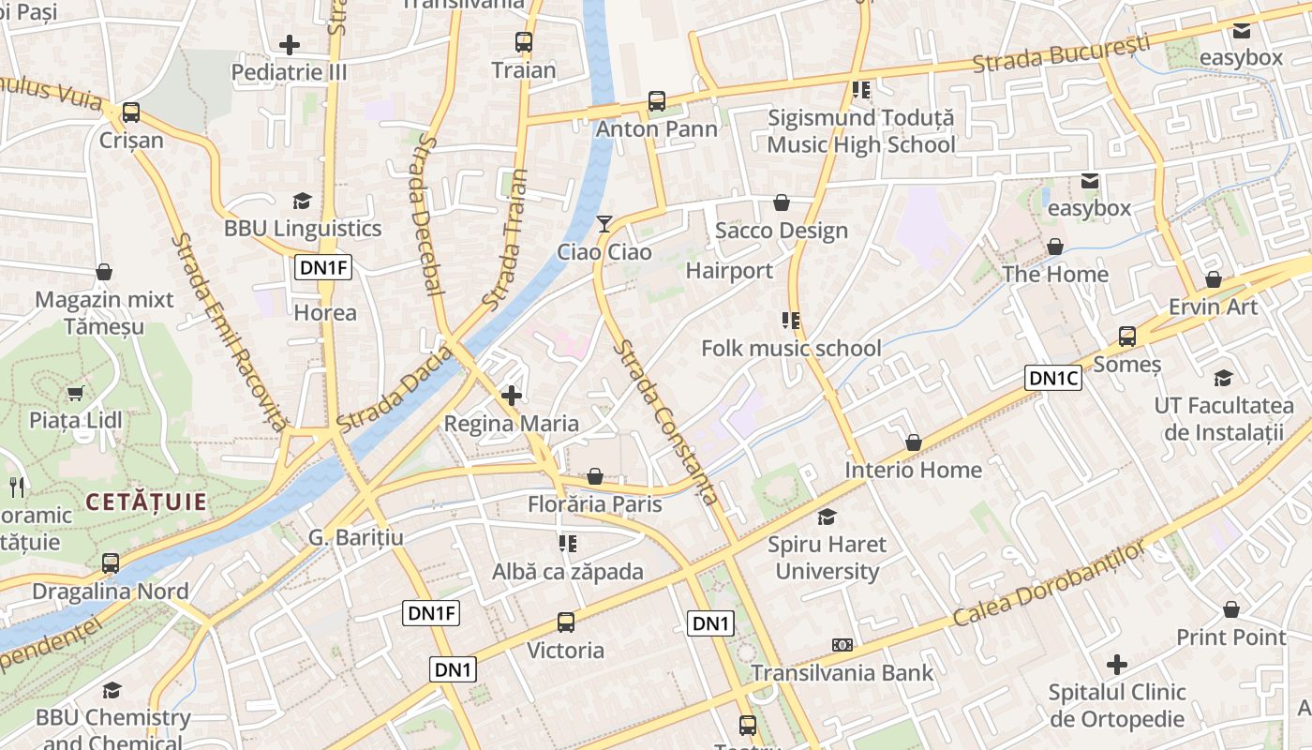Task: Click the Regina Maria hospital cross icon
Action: [x=512, y=396]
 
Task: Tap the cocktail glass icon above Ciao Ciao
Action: [x=604, y=223]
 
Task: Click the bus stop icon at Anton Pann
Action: [x=657, y=101]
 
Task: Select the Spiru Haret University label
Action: [x=827, y=557]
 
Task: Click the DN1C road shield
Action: [x=1053, y=378]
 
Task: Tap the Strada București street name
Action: [x=1060, y=54]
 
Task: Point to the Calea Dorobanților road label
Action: [x=1049, y=586]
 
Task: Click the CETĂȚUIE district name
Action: [x=146, y=502]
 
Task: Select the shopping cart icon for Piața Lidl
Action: [x=75, y=393]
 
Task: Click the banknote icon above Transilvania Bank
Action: [x=842, y=645]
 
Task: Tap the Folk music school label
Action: [x=791, y=349]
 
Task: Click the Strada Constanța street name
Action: [x=666, y=422]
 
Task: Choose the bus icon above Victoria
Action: [x=565, y=622]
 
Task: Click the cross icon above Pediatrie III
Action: [x=290, y=44]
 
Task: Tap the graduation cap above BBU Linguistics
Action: [x=302, y=201]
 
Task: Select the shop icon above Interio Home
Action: [x=914, y=442]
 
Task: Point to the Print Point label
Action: [x=1230, y=637]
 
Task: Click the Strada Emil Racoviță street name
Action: [x=228, y=333]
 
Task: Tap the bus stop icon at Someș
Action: [x=1127, y=337]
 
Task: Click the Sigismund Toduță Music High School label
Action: [x=860, y=131]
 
